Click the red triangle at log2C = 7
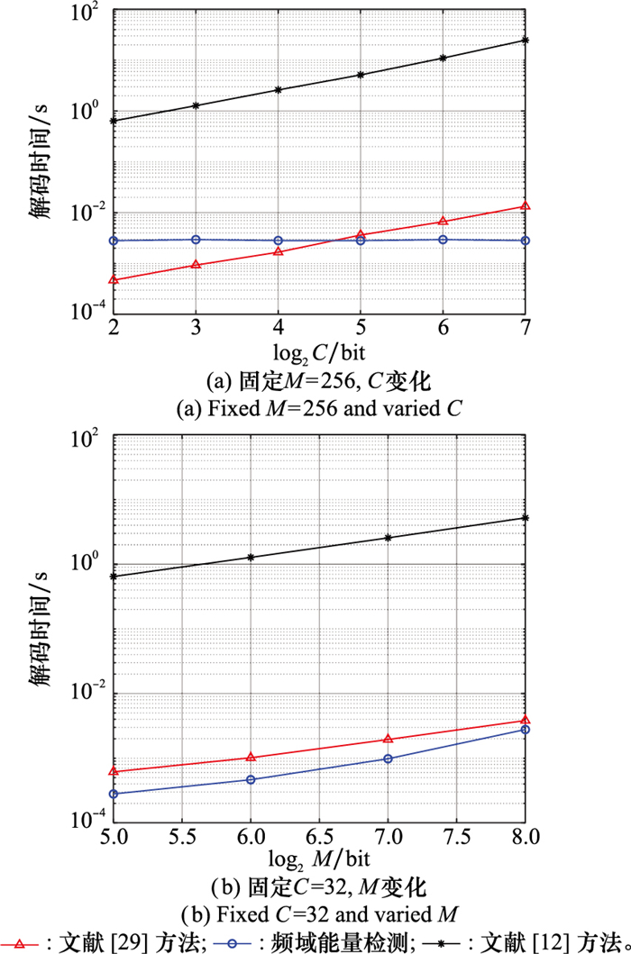click(526, 206)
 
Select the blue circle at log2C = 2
click(114, 241)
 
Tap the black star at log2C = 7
click(526, 40)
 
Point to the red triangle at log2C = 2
click(114, 280)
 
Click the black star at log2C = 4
click(279, 90)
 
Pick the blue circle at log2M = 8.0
click(526, 729)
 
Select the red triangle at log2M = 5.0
click(114, 771)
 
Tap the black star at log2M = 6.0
click(251, 558)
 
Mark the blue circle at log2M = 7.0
click(389, 759)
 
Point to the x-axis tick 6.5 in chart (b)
click(320, 835)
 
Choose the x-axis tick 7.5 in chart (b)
click(457, 835)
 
